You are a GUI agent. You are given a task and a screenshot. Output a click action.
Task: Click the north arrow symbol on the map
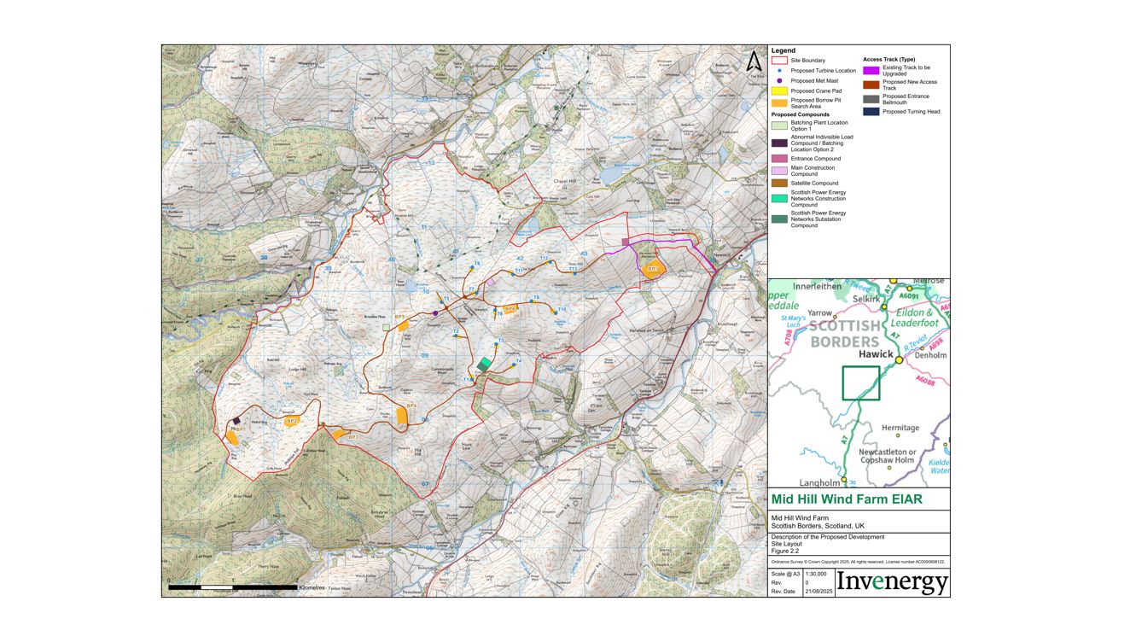tap(754, 61)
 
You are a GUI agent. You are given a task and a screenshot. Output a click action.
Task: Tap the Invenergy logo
tap(892, 582)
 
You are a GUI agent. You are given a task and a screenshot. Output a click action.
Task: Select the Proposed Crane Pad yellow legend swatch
tap(779, 90)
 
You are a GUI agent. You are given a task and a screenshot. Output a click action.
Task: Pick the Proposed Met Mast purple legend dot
tap(779, 80)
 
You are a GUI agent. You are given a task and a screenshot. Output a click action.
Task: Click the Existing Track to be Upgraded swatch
tap(871, 70)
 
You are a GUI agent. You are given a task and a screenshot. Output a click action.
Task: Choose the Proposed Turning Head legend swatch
tap(871, 111)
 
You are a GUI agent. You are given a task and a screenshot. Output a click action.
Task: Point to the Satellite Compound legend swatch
tap(779, 183)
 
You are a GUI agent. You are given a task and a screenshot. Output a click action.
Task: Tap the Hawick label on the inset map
tap(876, 353)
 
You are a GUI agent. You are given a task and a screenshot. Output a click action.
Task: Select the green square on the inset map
tap(860, 382)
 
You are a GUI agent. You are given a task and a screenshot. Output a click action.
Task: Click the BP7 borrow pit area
tap(653, 269)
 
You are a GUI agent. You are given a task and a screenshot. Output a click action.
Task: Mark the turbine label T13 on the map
tap(574, 268)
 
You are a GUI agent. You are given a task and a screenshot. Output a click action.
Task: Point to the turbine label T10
tap(562, 309)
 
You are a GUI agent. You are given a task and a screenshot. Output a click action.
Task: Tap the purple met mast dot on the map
tap(435, 313)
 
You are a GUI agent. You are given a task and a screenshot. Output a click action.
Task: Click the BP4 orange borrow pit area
tap(402, 415)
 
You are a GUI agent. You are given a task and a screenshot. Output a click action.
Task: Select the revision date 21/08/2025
tap(819, 591)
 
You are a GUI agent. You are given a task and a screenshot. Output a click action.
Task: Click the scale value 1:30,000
tap(816, 574)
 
